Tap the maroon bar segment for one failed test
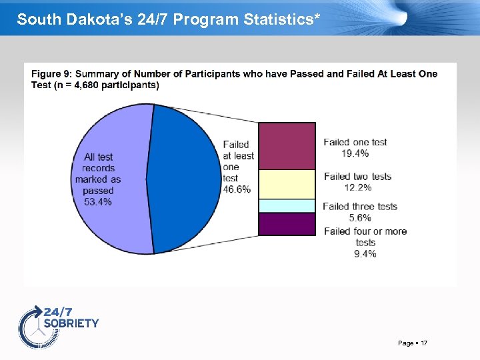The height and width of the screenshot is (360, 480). coord(287,146)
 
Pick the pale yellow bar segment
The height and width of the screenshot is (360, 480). coord(287,184)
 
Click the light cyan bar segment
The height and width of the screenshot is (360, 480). coord(287,205)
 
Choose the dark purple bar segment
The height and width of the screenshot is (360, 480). coord(287,223)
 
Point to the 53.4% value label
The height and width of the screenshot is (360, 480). coord(98,201)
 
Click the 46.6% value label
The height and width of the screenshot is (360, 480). coord(236,189)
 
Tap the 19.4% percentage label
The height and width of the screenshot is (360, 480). coord(355,153)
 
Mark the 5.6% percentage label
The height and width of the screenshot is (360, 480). coord(360,217)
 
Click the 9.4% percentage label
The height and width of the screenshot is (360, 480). coord(365,253)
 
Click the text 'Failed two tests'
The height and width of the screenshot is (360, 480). coord(357,177)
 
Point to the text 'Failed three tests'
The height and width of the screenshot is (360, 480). coord(359,207)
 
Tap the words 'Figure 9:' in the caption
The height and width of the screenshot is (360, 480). coord(51,74)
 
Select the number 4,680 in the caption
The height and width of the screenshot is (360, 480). coord(79,85)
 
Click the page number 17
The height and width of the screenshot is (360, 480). coord(424,343)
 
